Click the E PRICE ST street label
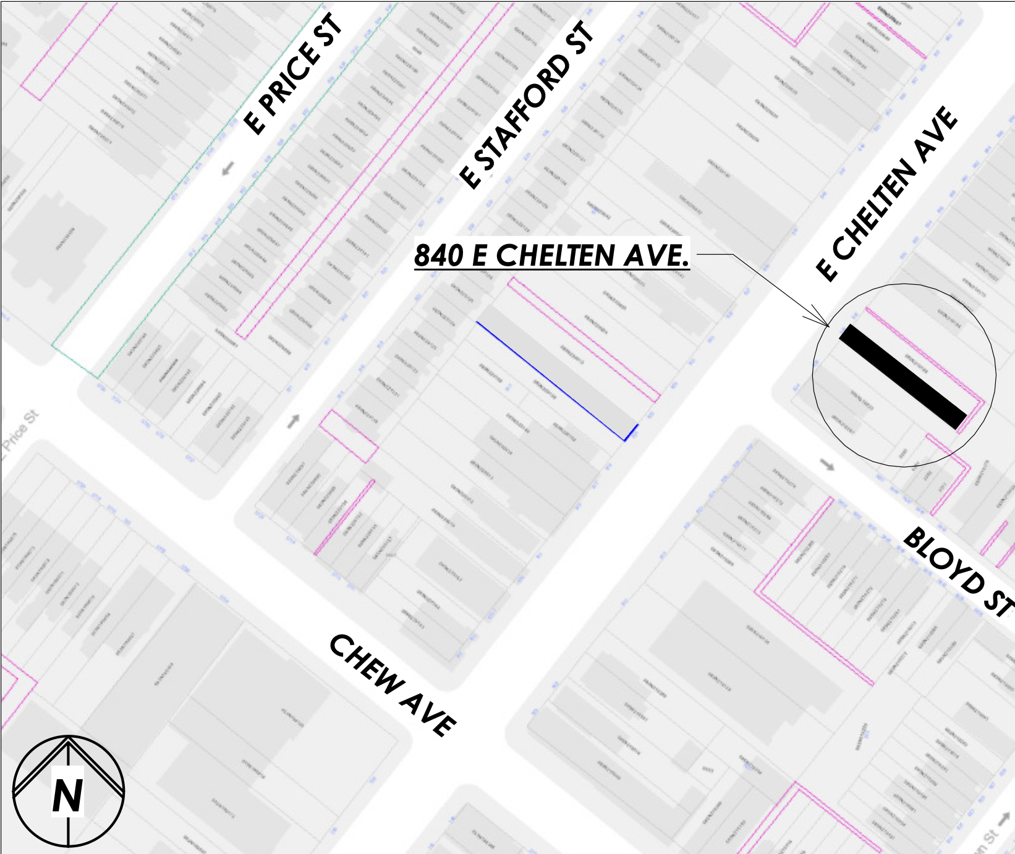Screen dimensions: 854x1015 (292, 74)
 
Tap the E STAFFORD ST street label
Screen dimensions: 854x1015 (527, 105)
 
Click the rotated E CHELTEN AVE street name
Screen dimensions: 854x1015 (887, 193)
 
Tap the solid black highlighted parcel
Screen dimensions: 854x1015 (902, 376)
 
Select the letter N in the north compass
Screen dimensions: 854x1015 (67, 796)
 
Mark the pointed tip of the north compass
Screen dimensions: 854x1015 (68, 738)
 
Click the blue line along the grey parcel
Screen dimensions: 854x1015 (550, 380)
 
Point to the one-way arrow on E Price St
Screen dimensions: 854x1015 (228, 167)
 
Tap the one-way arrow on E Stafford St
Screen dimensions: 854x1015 (294, 421)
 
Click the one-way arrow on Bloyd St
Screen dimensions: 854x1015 (826, 465)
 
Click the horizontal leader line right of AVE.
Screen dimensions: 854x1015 (714, 254)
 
